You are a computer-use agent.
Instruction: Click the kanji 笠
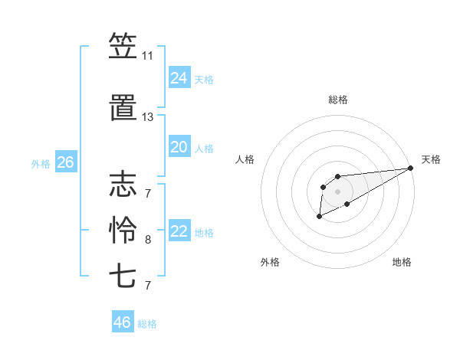[123, 47]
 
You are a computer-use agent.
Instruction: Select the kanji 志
[123, 184]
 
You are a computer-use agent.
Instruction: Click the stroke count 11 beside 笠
[147, 57]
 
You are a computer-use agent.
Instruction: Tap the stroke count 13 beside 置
[147, 117]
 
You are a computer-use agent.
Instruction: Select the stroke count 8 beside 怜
[147, 240]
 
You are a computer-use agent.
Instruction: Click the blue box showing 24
[179, 77]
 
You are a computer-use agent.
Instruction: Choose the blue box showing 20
[179, 147]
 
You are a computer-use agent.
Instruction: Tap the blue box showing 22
[179, 232]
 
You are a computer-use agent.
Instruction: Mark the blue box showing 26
[65, 162]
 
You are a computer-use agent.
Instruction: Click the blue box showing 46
[122, 322]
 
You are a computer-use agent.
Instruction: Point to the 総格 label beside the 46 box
[147, 324]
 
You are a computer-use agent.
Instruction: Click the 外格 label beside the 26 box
[41, 164]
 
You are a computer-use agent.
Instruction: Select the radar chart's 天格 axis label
[431, 159]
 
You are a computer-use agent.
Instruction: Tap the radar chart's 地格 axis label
[402, 262]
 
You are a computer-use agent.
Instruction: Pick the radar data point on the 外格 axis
[319, 218]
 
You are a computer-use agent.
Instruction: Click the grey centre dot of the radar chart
[337, 191]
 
